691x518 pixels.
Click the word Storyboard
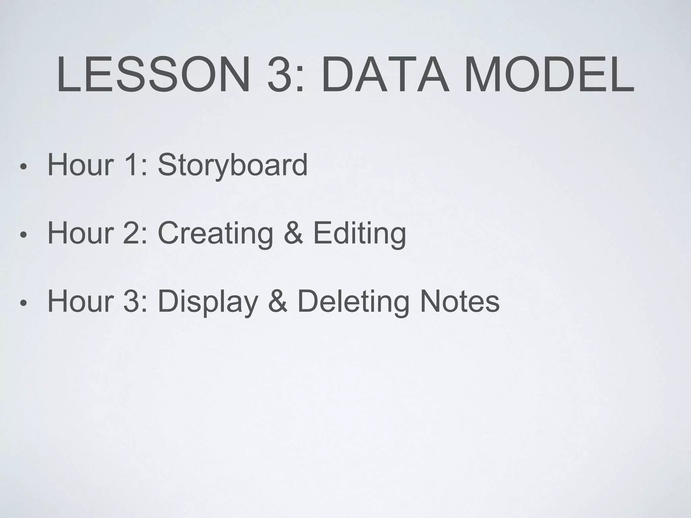click(x=232, y=165)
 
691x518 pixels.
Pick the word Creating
click(x=215, y=233)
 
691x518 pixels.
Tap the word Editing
click(x=360, y=233)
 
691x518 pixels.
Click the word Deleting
click(x=353, y=301)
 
